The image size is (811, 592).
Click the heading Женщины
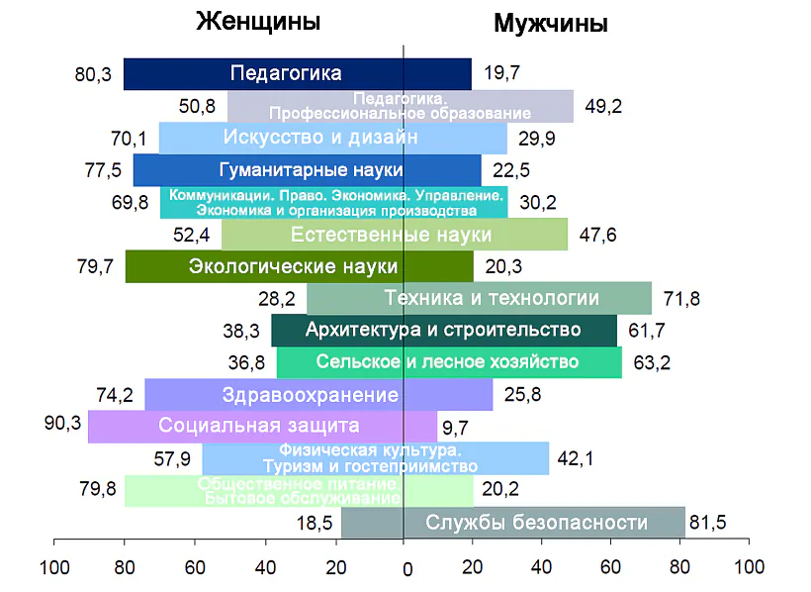[259, 22]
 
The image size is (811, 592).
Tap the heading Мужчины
[550, 24]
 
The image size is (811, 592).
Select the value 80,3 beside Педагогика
[93, 74]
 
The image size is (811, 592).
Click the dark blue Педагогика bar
[297, 73]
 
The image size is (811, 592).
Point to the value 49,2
[603, 107]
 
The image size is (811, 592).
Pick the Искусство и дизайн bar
[332, 137]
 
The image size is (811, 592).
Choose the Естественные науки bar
[394, 235]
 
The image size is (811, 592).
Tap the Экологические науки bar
[299, 266]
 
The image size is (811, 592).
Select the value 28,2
[275, 299]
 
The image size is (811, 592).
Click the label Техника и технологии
[492, 298]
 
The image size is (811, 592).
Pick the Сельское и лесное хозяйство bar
[449, 362]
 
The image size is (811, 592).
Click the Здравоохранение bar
[317, 395]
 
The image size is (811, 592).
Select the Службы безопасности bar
[512, 523]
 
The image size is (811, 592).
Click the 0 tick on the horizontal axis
[405, 569]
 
